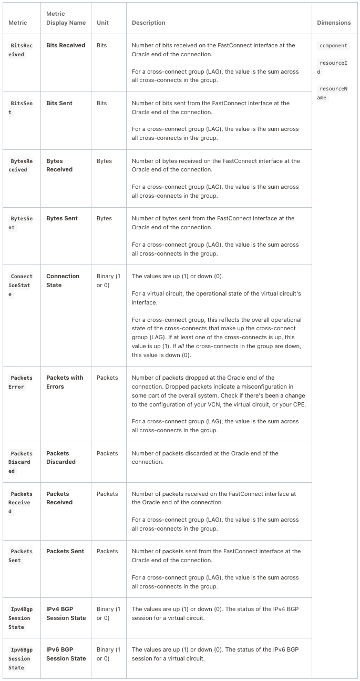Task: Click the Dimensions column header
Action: click(334, 23)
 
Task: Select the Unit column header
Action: click(102, 23)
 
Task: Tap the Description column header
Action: click(148, 23)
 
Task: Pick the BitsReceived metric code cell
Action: click(22, 50)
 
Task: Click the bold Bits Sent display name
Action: click(59, 103)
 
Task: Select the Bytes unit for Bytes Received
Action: click(104, 161)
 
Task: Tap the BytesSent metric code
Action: click(22, 223)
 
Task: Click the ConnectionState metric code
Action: click(22, 285)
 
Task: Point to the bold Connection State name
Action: click(63, 280)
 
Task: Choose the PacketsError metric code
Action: click(22, 382)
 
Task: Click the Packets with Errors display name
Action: click(65, 382)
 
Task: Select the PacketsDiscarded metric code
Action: click(22, 462)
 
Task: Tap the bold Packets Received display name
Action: click(59, 498)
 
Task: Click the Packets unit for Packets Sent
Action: click(107, 551)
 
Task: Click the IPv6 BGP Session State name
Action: click(66, 654)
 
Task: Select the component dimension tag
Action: click(333, 46)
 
